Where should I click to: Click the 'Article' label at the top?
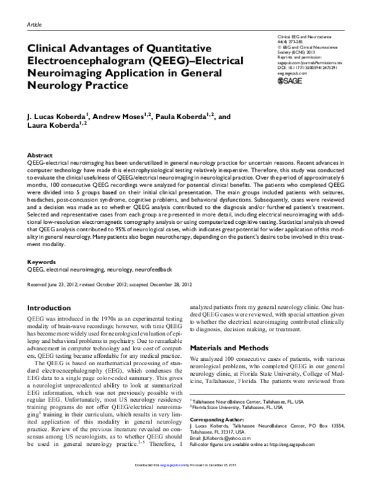tap(35, 24)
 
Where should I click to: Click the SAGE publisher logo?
tap(290, 81)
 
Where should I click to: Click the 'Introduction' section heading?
tap(52, 307)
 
